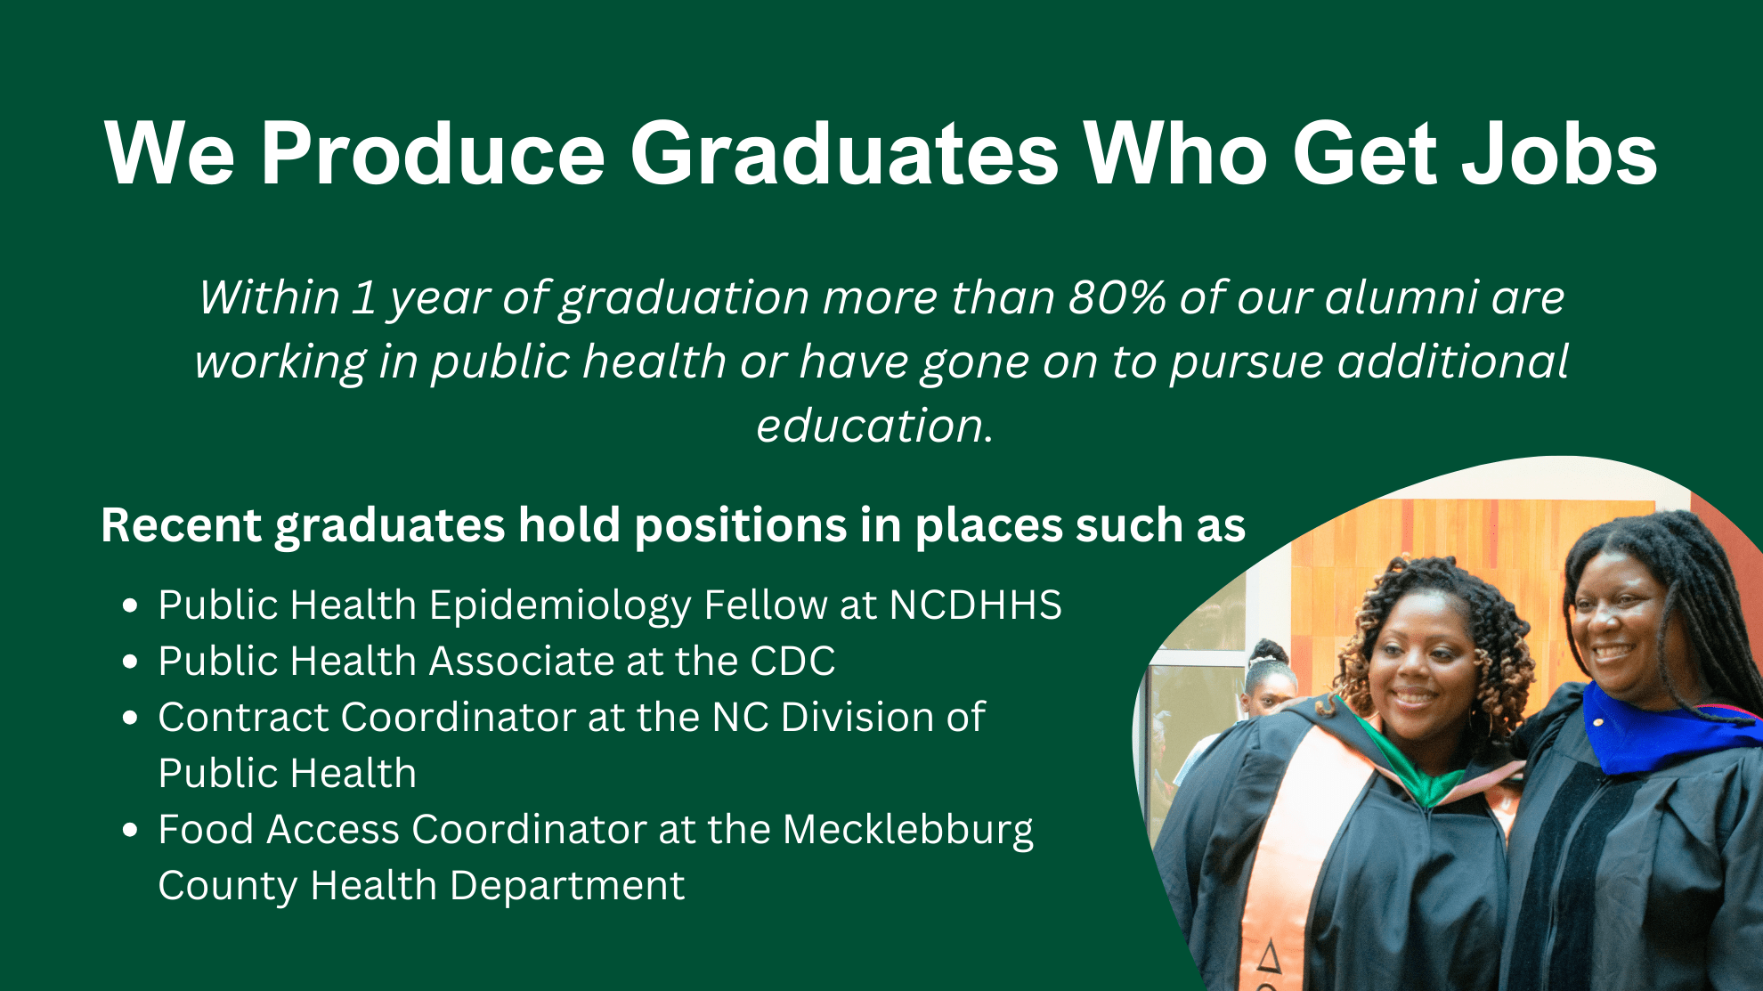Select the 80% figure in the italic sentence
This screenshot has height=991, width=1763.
[x=1117, y=297]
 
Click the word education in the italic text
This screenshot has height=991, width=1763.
[x=873, y=426]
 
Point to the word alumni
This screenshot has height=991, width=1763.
[x=1401, y=297]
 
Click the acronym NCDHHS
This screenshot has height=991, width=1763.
[x=975, y=605]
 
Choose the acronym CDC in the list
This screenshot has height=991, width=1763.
[x=792, y=662]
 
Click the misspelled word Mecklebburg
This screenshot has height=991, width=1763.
[x=908, y=830]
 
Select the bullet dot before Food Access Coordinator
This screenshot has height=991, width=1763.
[x=131, y=831]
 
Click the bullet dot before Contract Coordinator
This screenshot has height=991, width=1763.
[x=131, y=718]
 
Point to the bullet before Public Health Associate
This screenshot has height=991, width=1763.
[x=131, y=662]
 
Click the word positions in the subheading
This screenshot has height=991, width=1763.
[x=740, y=525]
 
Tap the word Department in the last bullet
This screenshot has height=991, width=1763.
[x=567, y=886]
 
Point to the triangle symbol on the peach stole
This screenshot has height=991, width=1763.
[x=1269, y=957]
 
